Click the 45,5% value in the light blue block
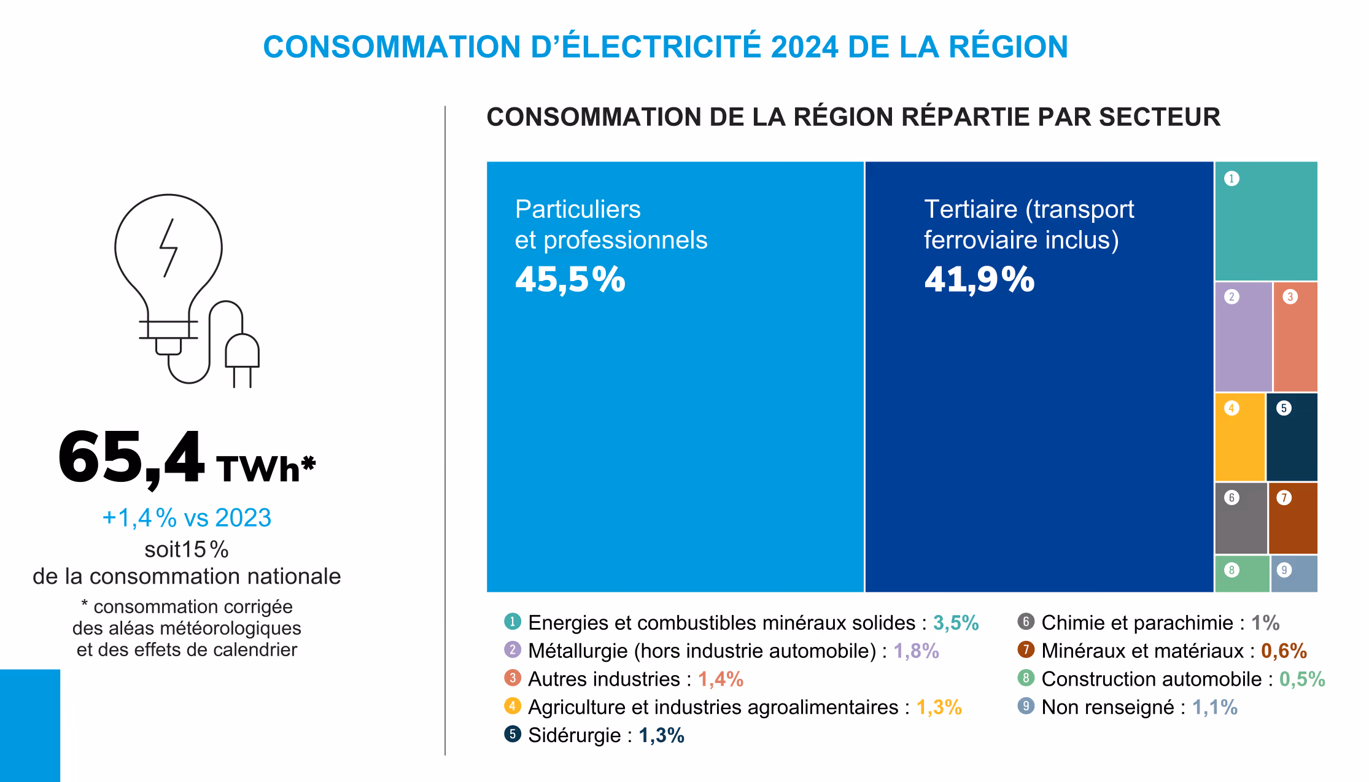[x=570, y=280]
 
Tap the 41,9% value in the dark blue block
[x=979, y=280]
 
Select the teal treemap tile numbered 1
[x=1266, y=221]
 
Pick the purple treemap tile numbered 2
[x=1243, y=336]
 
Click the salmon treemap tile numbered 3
[x=1295, y=336]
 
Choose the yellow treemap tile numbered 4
[x=1239, y=437]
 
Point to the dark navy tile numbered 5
[x=1292, y=437]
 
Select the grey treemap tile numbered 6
[x=1241, y=518]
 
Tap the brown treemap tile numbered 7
[x=1293, y=518]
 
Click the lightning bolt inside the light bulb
[x=169, y=248]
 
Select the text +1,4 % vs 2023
[x=187, y=518]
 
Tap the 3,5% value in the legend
[x=956, y=623]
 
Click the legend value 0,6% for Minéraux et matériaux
[x=1284, y=651]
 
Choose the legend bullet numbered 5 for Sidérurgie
[x=513, y=734]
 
